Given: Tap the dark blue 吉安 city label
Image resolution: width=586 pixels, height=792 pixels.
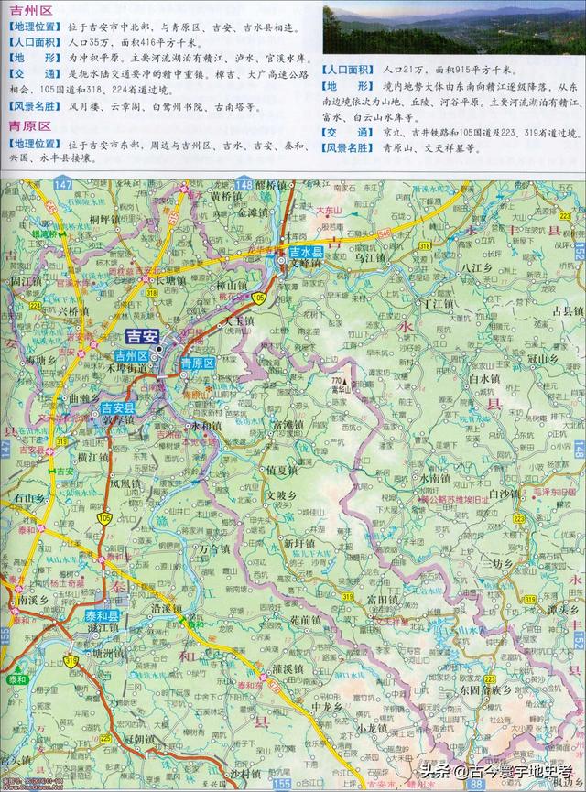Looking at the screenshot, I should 142,336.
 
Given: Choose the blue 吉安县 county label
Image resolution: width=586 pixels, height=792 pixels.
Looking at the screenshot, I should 118,408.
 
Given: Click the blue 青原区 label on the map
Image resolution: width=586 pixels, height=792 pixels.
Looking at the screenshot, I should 197,363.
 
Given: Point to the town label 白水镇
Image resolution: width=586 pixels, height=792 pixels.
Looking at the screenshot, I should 483,377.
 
